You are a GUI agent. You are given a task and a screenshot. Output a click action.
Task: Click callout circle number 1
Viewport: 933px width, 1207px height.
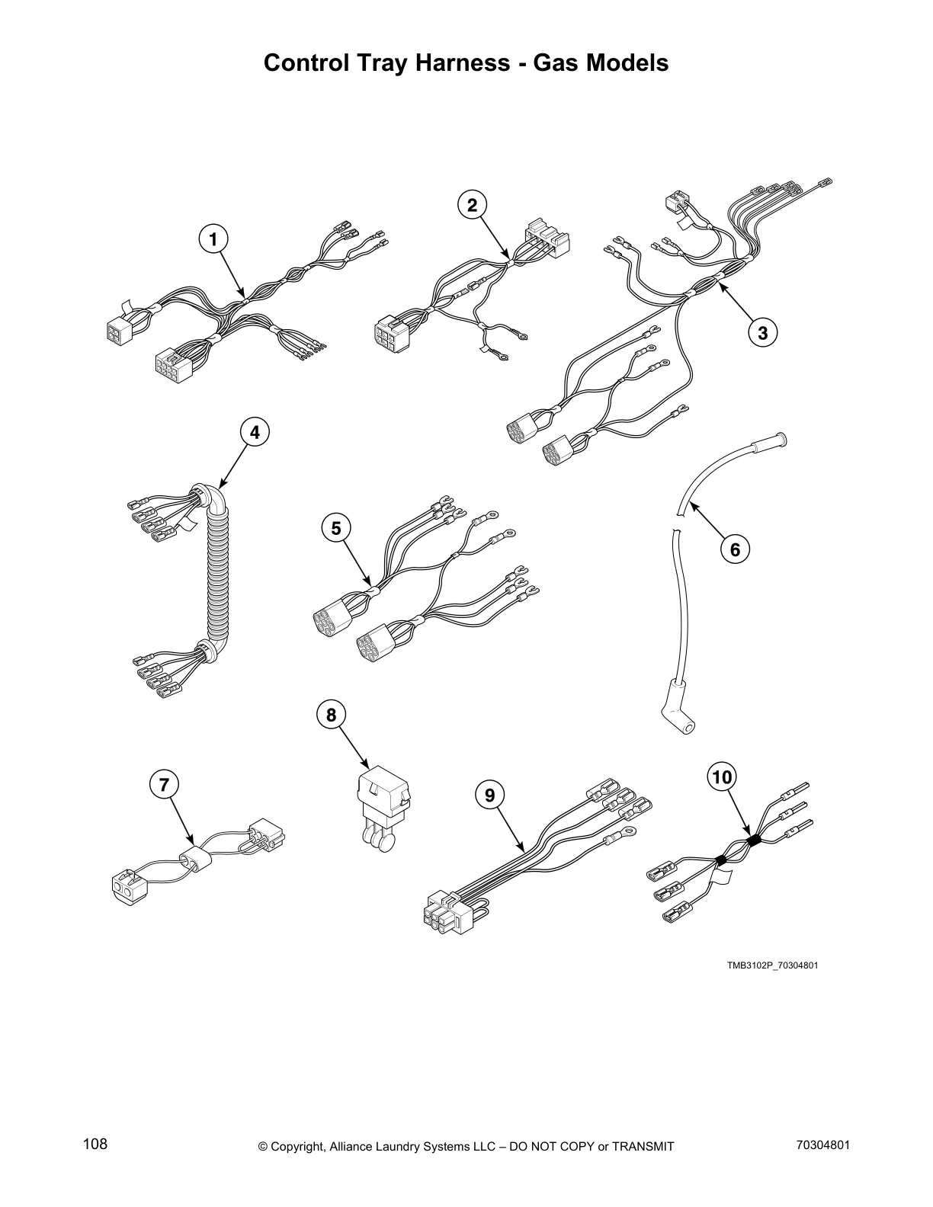point(213,239)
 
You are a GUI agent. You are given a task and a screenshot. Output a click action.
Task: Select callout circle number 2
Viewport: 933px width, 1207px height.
point(472,204)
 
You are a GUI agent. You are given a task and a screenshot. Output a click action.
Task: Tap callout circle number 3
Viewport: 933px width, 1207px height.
point(762,331)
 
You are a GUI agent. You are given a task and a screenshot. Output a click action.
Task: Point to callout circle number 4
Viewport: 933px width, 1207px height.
point(255,432)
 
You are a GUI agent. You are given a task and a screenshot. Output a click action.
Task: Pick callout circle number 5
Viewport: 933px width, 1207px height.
point(336,527)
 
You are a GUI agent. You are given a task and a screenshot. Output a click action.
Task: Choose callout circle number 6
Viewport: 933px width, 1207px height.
point(735,549)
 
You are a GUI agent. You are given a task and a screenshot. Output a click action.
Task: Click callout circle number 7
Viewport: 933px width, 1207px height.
point(164,783)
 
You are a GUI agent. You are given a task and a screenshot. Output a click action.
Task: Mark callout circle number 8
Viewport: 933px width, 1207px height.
point(331,715)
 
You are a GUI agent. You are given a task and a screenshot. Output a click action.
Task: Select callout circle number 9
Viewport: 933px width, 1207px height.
point(489,795)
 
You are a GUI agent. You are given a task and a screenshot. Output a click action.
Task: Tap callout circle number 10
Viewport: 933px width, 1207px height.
point(721,776)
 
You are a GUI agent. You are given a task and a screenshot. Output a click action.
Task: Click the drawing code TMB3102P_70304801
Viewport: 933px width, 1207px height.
point(771,965)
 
